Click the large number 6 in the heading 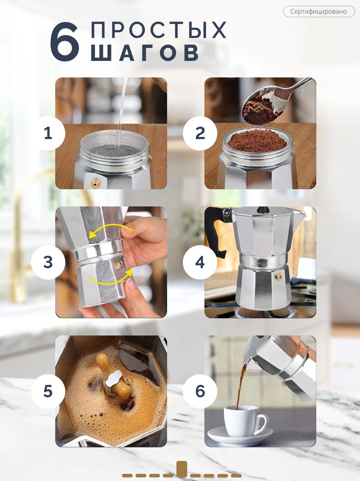tap(65, 42)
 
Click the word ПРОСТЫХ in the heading tap(158, 30)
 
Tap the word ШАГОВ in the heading tap(145, 53)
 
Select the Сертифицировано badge tap(319, 11)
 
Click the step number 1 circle tap(48, 133)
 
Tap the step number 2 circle tap(200, 133)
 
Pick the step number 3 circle tap(48, 262)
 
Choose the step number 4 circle tap(200, 262)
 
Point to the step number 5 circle tap(48, 391)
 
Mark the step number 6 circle tap(200, 391)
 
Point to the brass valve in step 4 tap(279, 277)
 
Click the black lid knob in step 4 tap(263, 209)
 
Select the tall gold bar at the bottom tap(182, 469)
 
